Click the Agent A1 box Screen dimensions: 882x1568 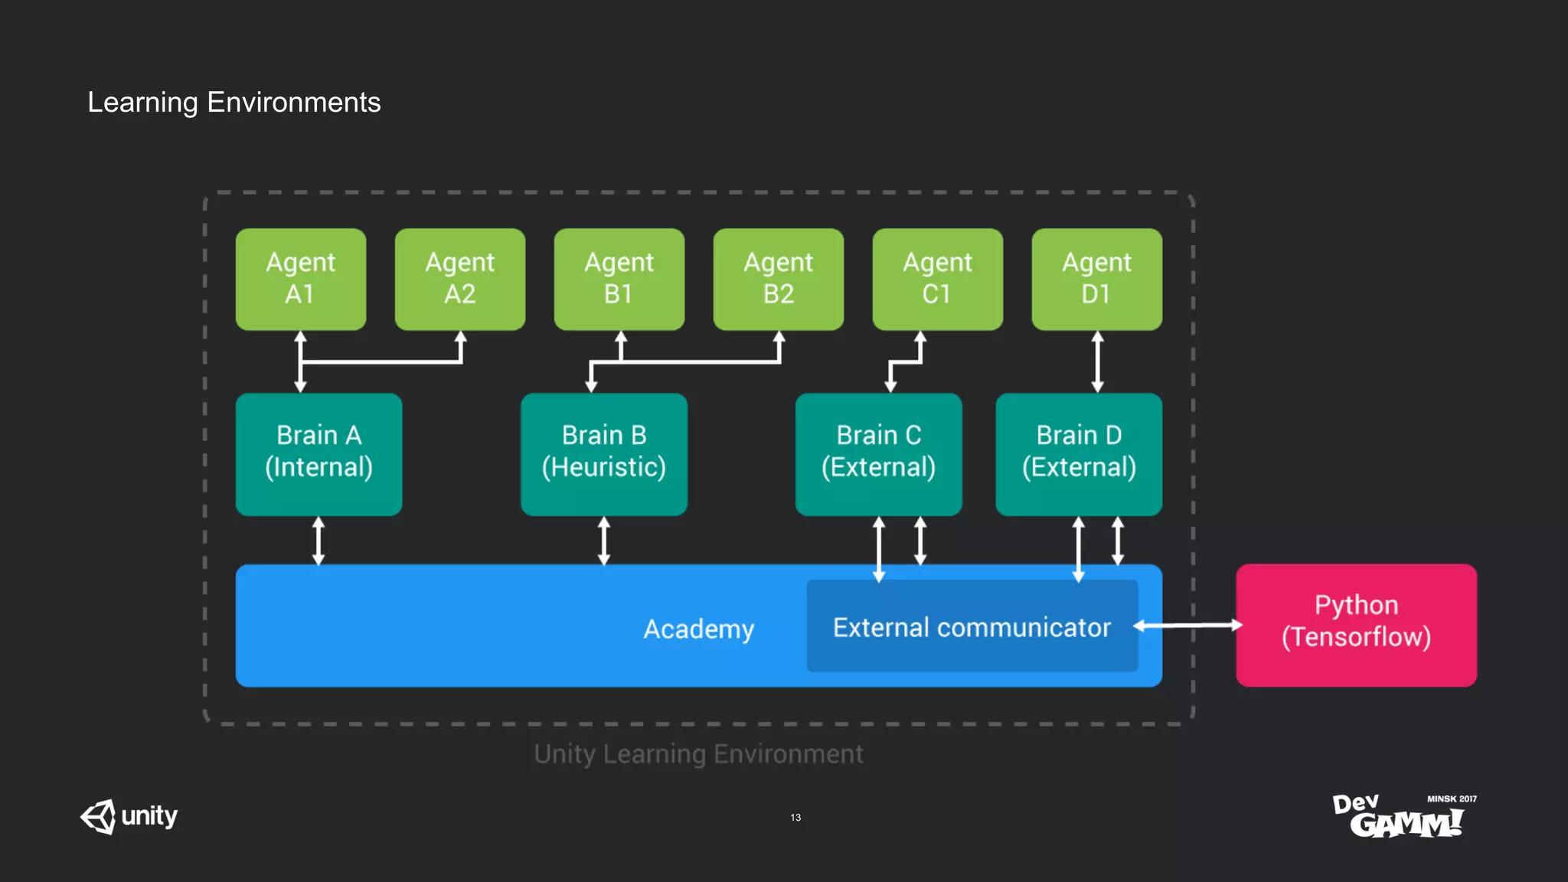(x=300, y=279)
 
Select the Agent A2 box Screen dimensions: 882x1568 (x=459, y=279)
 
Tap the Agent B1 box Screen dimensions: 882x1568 (x=619, y=279)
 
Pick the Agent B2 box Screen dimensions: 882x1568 (x=778, y=279)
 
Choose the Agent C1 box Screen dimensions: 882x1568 (x=937, y=279)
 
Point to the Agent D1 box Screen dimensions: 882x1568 (x=1096, y=279)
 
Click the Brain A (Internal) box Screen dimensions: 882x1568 (x=318, y=453)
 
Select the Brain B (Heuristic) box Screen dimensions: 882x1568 (x=603, y=453)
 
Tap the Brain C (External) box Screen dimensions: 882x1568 (x=878, y=453)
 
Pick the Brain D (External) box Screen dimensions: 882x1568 (x=1078, y=453)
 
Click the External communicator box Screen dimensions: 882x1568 (x=972, y=627)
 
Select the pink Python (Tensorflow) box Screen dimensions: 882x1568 (x=1356, y=625)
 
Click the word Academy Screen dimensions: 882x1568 (x=698, y=629)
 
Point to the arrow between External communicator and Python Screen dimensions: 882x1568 (x=1187, y=626)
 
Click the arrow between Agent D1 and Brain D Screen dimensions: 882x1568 (x=1097, y=361)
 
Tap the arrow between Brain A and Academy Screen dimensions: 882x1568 (x=318, y=541)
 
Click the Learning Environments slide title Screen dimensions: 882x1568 (x=234, y=102)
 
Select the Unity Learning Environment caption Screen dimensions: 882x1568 (x=698, y=753)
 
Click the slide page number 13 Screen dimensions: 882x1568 (x=795, y=817)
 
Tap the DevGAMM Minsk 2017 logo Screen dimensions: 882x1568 (x=1404, y=816)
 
